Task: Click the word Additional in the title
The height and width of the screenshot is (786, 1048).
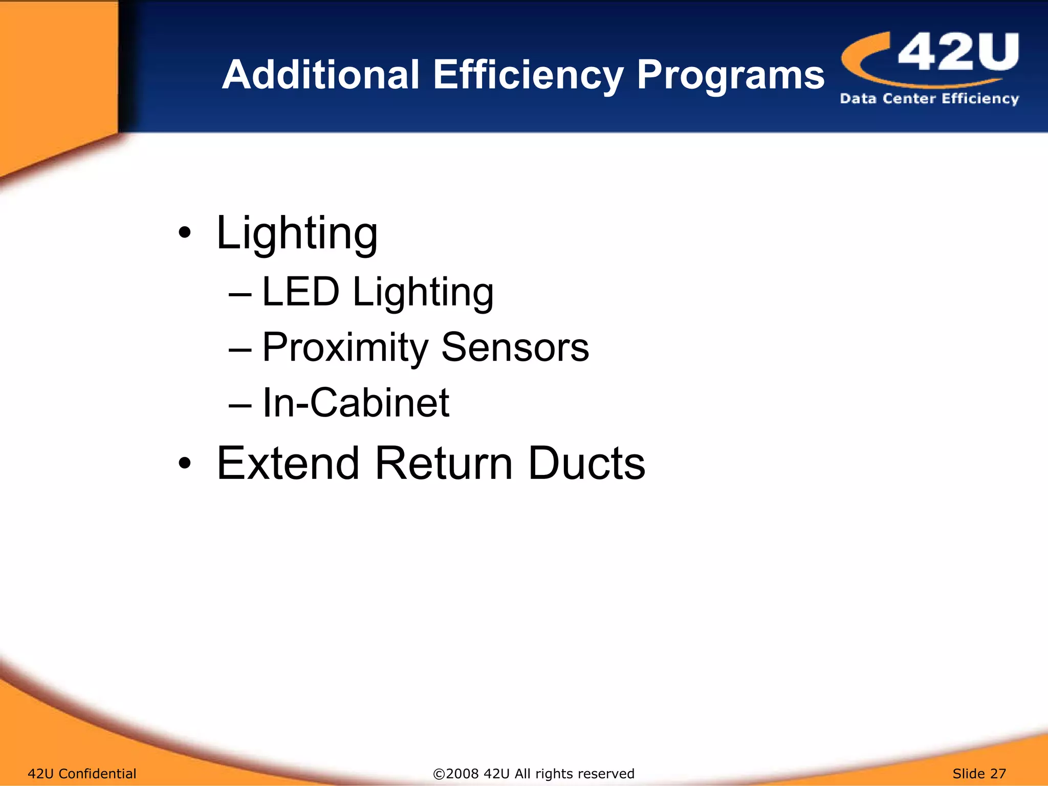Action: (321, 75)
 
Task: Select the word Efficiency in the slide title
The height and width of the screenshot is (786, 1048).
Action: (528, 76)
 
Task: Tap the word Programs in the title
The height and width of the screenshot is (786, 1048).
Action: (730, 76)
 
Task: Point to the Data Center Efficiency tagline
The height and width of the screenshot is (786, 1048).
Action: (929, 98)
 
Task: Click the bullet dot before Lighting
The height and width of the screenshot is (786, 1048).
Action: (185, 233)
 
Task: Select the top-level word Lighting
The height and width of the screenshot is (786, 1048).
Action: (297, 233)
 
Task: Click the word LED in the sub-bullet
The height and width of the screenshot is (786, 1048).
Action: (300, 292)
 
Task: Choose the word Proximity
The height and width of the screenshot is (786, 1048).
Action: (345, 348)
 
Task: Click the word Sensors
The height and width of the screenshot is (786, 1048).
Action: (515, 347)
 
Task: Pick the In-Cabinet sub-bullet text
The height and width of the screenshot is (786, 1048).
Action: (356, 403)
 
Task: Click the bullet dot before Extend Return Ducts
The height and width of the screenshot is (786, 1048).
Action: (185, 464)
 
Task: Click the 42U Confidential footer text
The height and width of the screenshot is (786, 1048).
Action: (82, 773)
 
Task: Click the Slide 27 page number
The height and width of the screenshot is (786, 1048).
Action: (979, 773)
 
